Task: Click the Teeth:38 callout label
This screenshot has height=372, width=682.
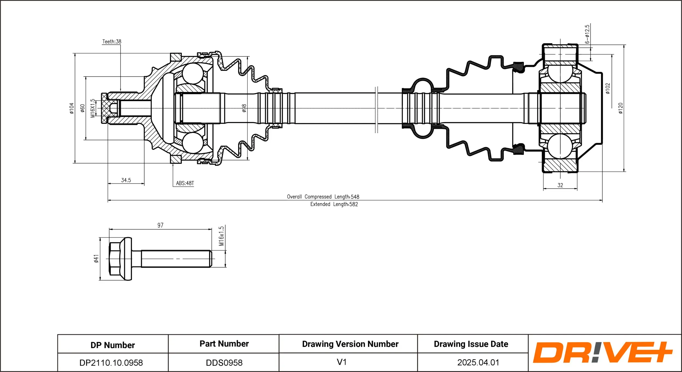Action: pyautogui.click(x=112, y=41)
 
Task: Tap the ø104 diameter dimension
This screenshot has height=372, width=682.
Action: pyautogui.click(x=71, y=108)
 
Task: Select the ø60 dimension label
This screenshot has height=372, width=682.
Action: pyautogui.click(x=82, y=108)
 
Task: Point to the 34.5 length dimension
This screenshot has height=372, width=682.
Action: pyautogui.click(x=126, y=180)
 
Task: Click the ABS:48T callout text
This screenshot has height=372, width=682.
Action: pyautogui.click(x=185, y=183)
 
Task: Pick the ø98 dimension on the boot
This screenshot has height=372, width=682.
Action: pyautogui.click(x=244, y=108)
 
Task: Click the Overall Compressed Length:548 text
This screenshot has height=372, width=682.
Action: pyautogui.click(x=323, y=197)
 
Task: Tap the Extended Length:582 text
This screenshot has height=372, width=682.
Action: pyautogui.click(x=334, y=204)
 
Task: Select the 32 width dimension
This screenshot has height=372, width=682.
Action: pyautogui.click(x=560, y=185)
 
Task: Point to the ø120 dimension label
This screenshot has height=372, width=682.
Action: pyautogui.click(x=621, y=108)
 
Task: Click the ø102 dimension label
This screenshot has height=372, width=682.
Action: pyautogui.click(x=608, y=89)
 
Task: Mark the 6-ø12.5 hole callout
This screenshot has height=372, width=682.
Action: pyautogui.click(x=587, y=34)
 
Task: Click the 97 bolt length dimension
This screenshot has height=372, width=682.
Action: pyautogui.click(x=160, y=225)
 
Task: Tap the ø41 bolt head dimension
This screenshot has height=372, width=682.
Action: pyautogui.click(x=96, y=259)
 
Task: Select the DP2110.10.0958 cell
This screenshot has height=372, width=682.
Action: pyautogui.click(x=111, y=363)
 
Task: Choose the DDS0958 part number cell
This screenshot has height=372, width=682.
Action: pyautogui.click(x=224, y=363)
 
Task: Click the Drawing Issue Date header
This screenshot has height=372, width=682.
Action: pyautogui.click(x=471, y=344)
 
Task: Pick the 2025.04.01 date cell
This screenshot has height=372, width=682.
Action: pyautogui.click(x=478, y=362)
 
